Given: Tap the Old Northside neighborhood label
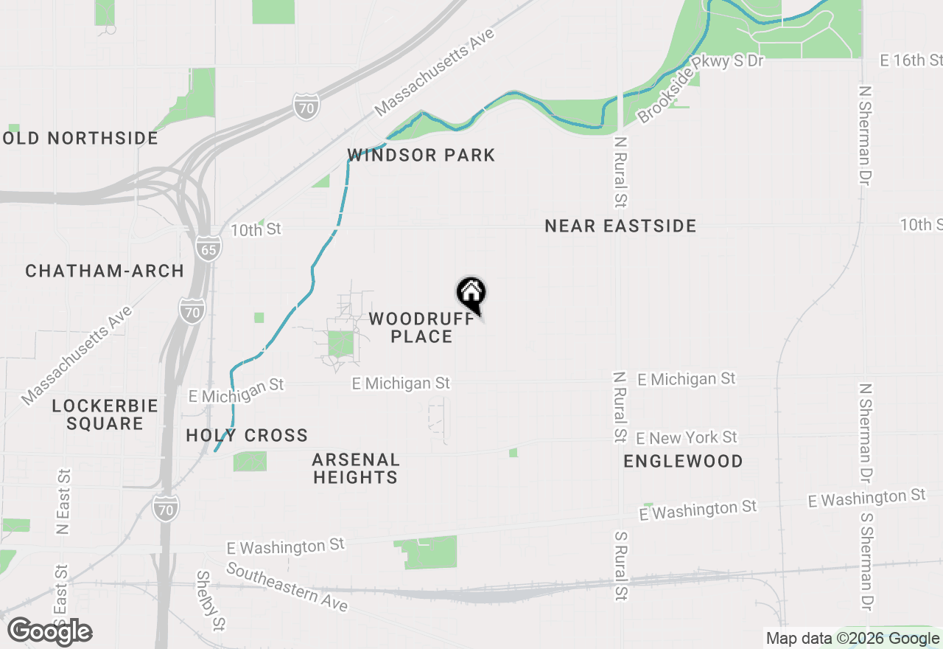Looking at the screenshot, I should [81, 138].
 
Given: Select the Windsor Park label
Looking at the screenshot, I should [421, 155].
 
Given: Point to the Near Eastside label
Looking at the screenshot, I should [620, 226].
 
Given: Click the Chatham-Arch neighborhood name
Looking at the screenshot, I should [105, 271].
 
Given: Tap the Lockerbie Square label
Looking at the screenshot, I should [105, 414].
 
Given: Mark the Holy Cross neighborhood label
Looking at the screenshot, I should [247, 435].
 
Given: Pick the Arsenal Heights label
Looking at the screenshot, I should [356, 468].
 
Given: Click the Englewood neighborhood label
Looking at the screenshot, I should [683, 461].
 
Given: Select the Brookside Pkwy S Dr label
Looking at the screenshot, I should [700, 88].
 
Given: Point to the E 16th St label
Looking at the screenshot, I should [912, 60].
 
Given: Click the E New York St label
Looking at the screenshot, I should [687, 438].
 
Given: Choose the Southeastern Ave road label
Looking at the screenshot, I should [287, 586].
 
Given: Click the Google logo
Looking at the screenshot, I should [50, 631].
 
